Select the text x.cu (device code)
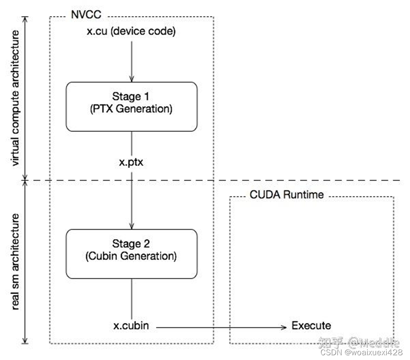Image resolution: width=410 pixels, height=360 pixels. pos(131,32)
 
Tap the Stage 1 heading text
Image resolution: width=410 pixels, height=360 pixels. pos(131,97)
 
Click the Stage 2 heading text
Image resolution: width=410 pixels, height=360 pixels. pos(131,244)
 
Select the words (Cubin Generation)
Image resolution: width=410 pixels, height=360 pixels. pos(131,256)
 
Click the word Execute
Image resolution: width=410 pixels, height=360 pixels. pos(311,326)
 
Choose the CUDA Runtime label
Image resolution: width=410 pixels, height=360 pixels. pos(287,195)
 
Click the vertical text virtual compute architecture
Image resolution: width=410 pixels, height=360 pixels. pos(15,98)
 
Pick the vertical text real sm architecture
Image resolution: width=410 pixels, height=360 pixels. pos(15,262)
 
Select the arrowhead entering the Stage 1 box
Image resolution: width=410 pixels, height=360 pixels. pos(131,78)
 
